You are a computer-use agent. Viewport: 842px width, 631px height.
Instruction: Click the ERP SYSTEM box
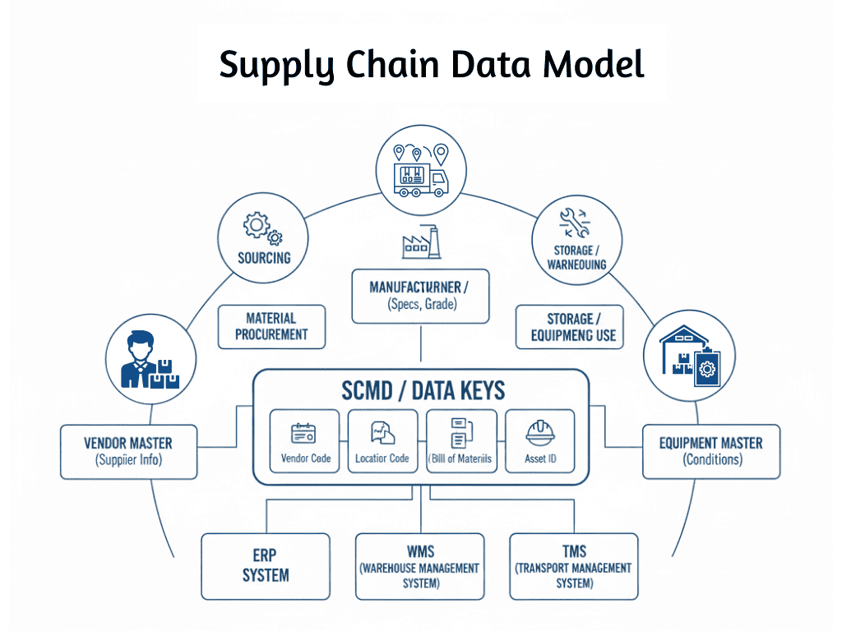tap(266, 566)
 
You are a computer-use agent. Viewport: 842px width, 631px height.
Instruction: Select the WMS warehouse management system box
tap(419, 566)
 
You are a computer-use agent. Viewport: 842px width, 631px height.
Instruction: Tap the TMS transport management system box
tap(573, 566)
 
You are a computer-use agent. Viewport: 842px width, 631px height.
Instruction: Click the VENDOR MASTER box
tap(129, 451)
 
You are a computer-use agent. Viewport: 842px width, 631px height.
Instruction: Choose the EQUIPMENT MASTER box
tap(710, 451)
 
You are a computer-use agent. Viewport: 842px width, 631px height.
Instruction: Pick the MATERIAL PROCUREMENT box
tap(271, 326)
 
